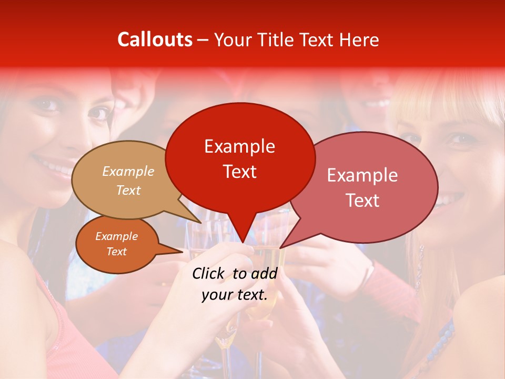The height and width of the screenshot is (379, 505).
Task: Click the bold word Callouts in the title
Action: pos(155,39)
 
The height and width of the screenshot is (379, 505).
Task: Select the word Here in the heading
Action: pos(358,39)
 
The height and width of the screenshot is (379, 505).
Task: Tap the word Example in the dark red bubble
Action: pos(239,146)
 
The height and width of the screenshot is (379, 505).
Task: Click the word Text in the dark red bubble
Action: pos(239,172)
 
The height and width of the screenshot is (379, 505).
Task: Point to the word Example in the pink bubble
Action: pos(362,175)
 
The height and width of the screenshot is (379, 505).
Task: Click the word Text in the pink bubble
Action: pos(362,201)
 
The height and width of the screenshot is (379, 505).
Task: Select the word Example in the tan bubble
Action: pos(128,171)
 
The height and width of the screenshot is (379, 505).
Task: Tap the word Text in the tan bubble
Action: pos(128,190)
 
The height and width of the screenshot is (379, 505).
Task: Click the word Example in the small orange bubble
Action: pos(116,236)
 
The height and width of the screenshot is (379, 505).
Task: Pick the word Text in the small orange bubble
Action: pos(116,252)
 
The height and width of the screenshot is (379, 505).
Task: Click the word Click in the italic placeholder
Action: pos(210,273)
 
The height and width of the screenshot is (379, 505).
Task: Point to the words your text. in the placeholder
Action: pos(234,295)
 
